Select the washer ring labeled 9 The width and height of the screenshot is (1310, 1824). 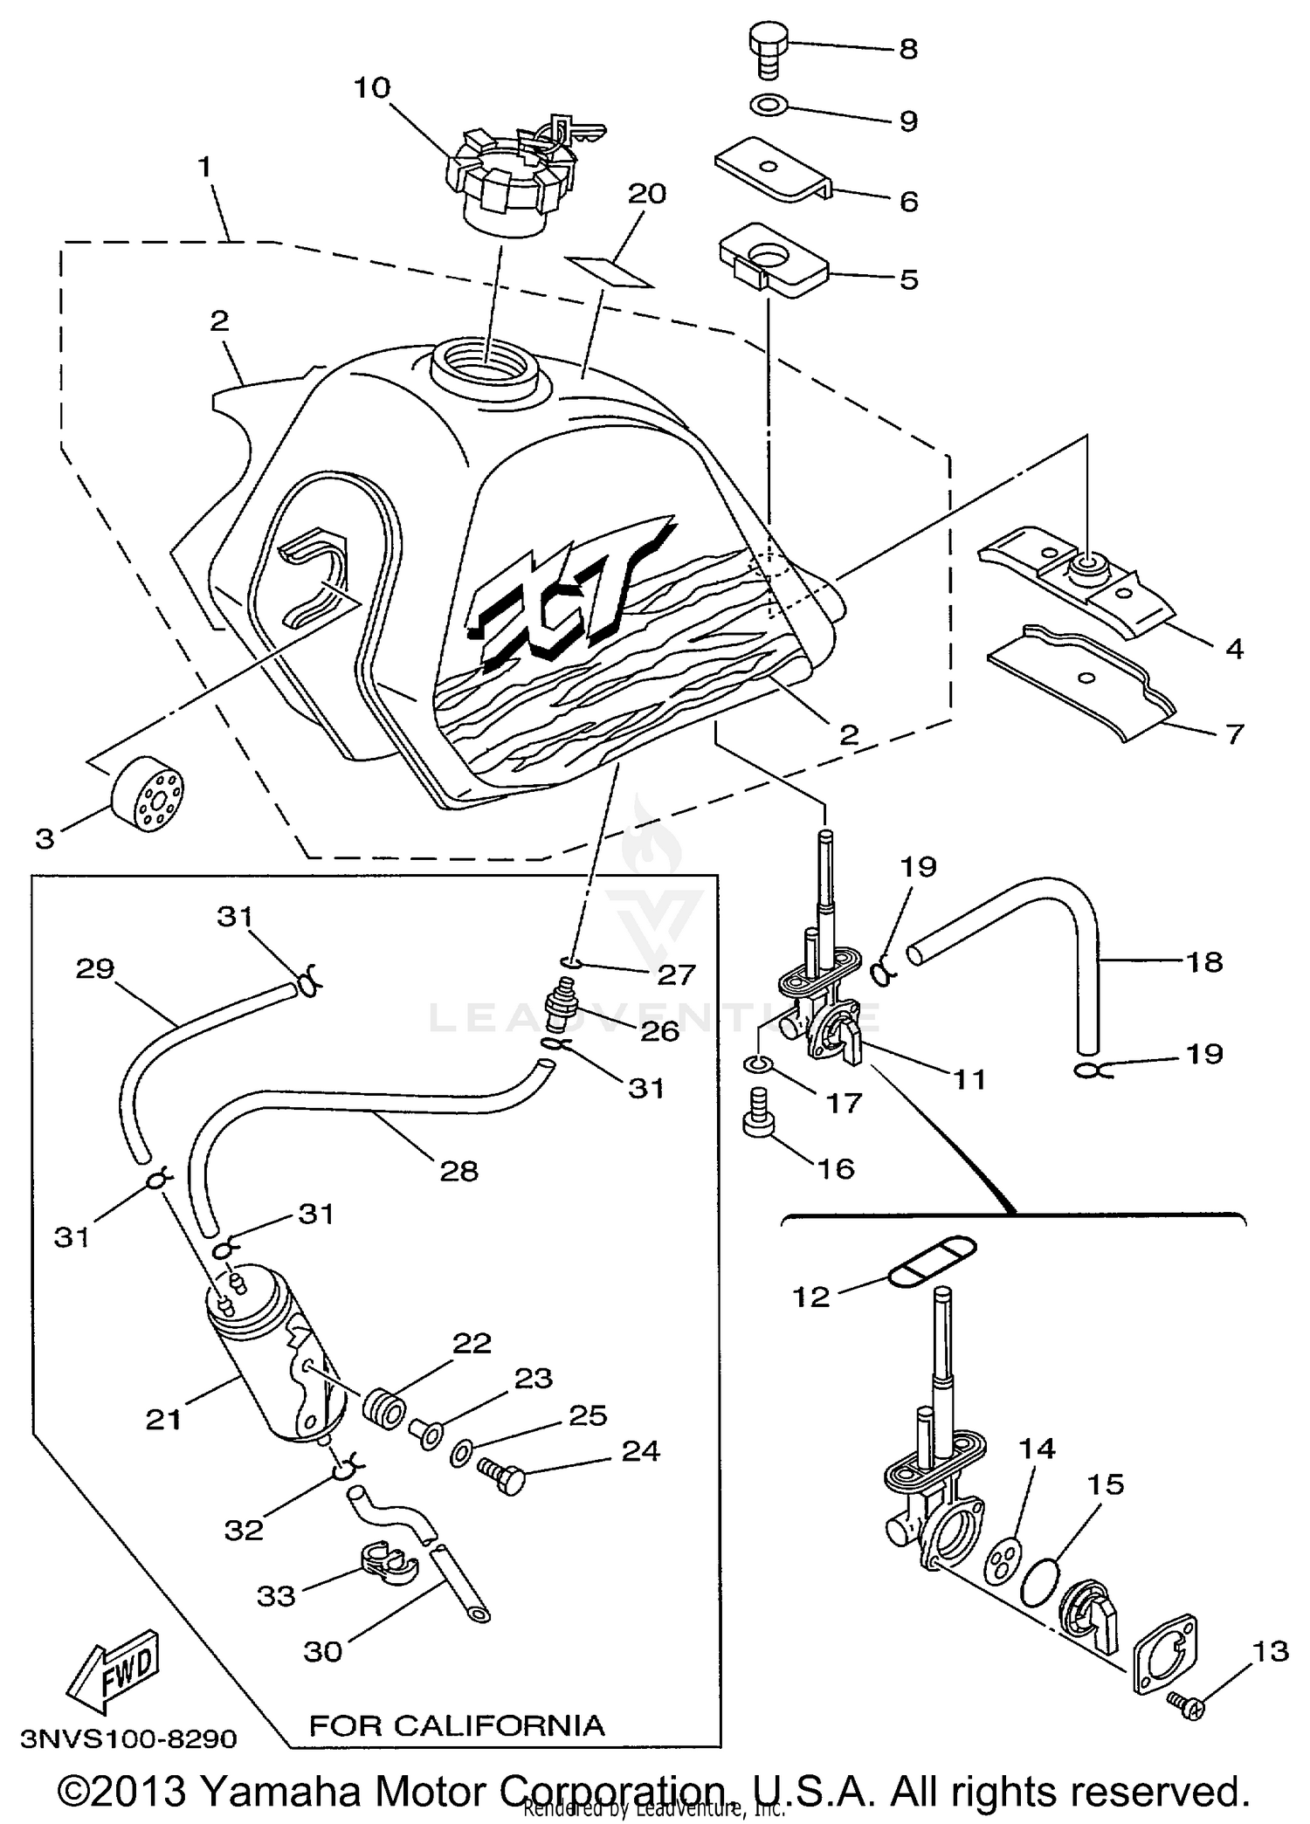point(769,107)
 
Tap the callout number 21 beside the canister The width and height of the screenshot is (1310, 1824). point(163,1420)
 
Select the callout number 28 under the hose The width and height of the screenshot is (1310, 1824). point(458,1171)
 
